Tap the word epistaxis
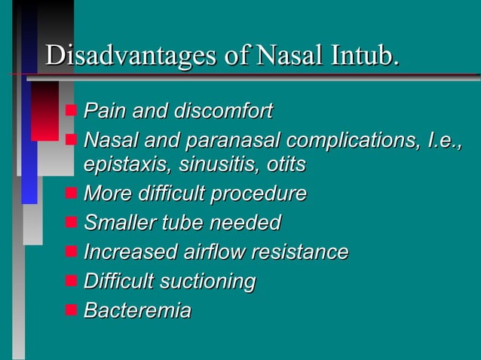tap(118, 163)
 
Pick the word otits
tap(286, 163)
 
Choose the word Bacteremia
tap(137, 310)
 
